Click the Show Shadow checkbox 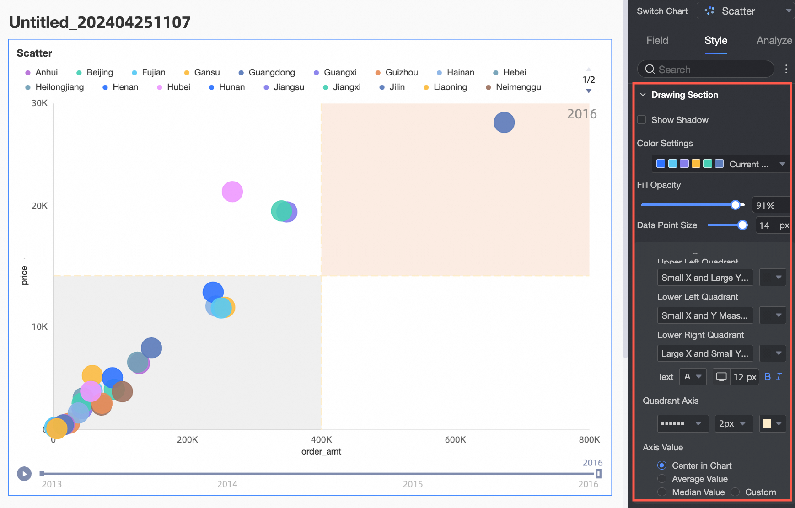642,120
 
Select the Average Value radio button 662,479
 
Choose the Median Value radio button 662,492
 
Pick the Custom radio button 735,492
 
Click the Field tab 657,40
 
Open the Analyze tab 774,40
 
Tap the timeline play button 24,474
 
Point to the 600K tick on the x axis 455,440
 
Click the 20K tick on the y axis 39,206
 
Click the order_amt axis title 321,452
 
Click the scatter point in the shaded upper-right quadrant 504,123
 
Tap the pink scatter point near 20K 232,192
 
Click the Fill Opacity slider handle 736,205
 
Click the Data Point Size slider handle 743,225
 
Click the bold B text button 768,377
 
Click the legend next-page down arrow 589,91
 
